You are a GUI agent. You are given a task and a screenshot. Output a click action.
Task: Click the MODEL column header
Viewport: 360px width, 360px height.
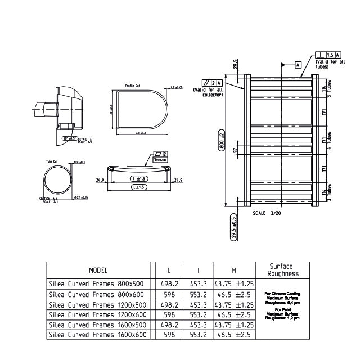pos(98,271)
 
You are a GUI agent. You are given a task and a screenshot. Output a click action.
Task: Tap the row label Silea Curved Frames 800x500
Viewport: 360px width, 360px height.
pos(96,285)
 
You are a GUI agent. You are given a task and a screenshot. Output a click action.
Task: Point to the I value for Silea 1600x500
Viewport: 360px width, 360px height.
pos(199,325)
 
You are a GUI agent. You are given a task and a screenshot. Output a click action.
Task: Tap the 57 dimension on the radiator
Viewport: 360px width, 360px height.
pos(236,151)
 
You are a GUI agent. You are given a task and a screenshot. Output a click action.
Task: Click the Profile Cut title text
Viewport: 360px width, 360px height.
pos(133,86)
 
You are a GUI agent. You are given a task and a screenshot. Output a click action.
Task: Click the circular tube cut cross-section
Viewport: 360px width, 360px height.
pos(59,181)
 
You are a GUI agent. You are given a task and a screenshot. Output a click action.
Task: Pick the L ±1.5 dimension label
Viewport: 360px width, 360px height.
pos(138,187)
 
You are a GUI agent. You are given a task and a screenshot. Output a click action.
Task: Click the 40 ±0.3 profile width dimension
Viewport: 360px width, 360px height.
pos(141,133)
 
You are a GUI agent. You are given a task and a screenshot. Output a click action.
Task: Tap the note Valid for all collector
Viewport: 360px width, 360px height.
pos(208,92)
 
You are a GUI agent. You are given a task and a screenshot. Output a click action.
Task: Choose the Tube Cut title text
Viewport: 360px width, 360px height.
pos(52,162)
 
